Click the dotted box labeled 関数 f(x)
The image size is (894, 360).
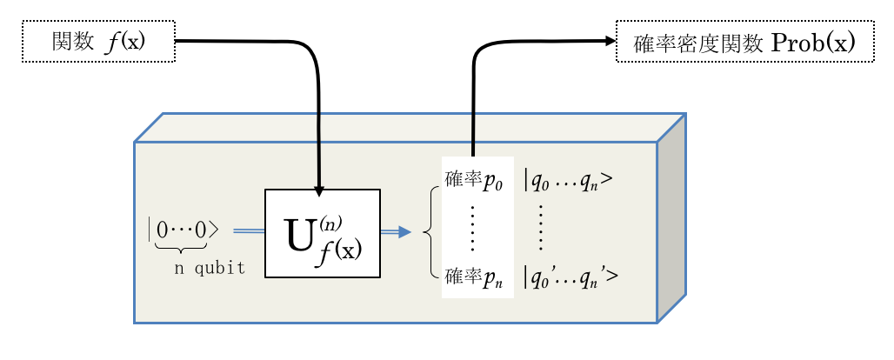(98, 41)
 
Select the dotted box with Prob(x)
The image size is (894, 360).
(744, 41)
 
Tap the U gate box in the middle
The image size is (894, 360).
(322, 233)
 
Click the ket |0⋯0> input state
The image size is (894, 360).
(183, 230)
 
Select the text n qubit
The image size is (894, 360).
(209, 268)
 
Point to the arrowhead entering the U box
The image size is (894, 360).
(320, 190)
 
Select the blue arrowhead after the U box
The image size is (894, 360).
(404, 231)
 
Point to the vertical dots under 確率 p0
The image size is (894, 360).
(473, 228)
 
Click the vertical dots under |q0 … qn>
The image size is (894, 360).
(543, 228)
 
